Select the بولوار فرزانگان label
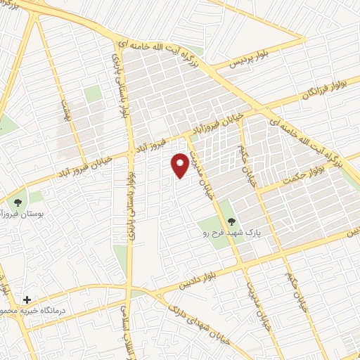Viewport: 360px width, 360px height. tap(307, 88)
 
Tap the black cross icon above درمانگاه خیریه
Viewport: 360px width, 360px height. tap(27, 299)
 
